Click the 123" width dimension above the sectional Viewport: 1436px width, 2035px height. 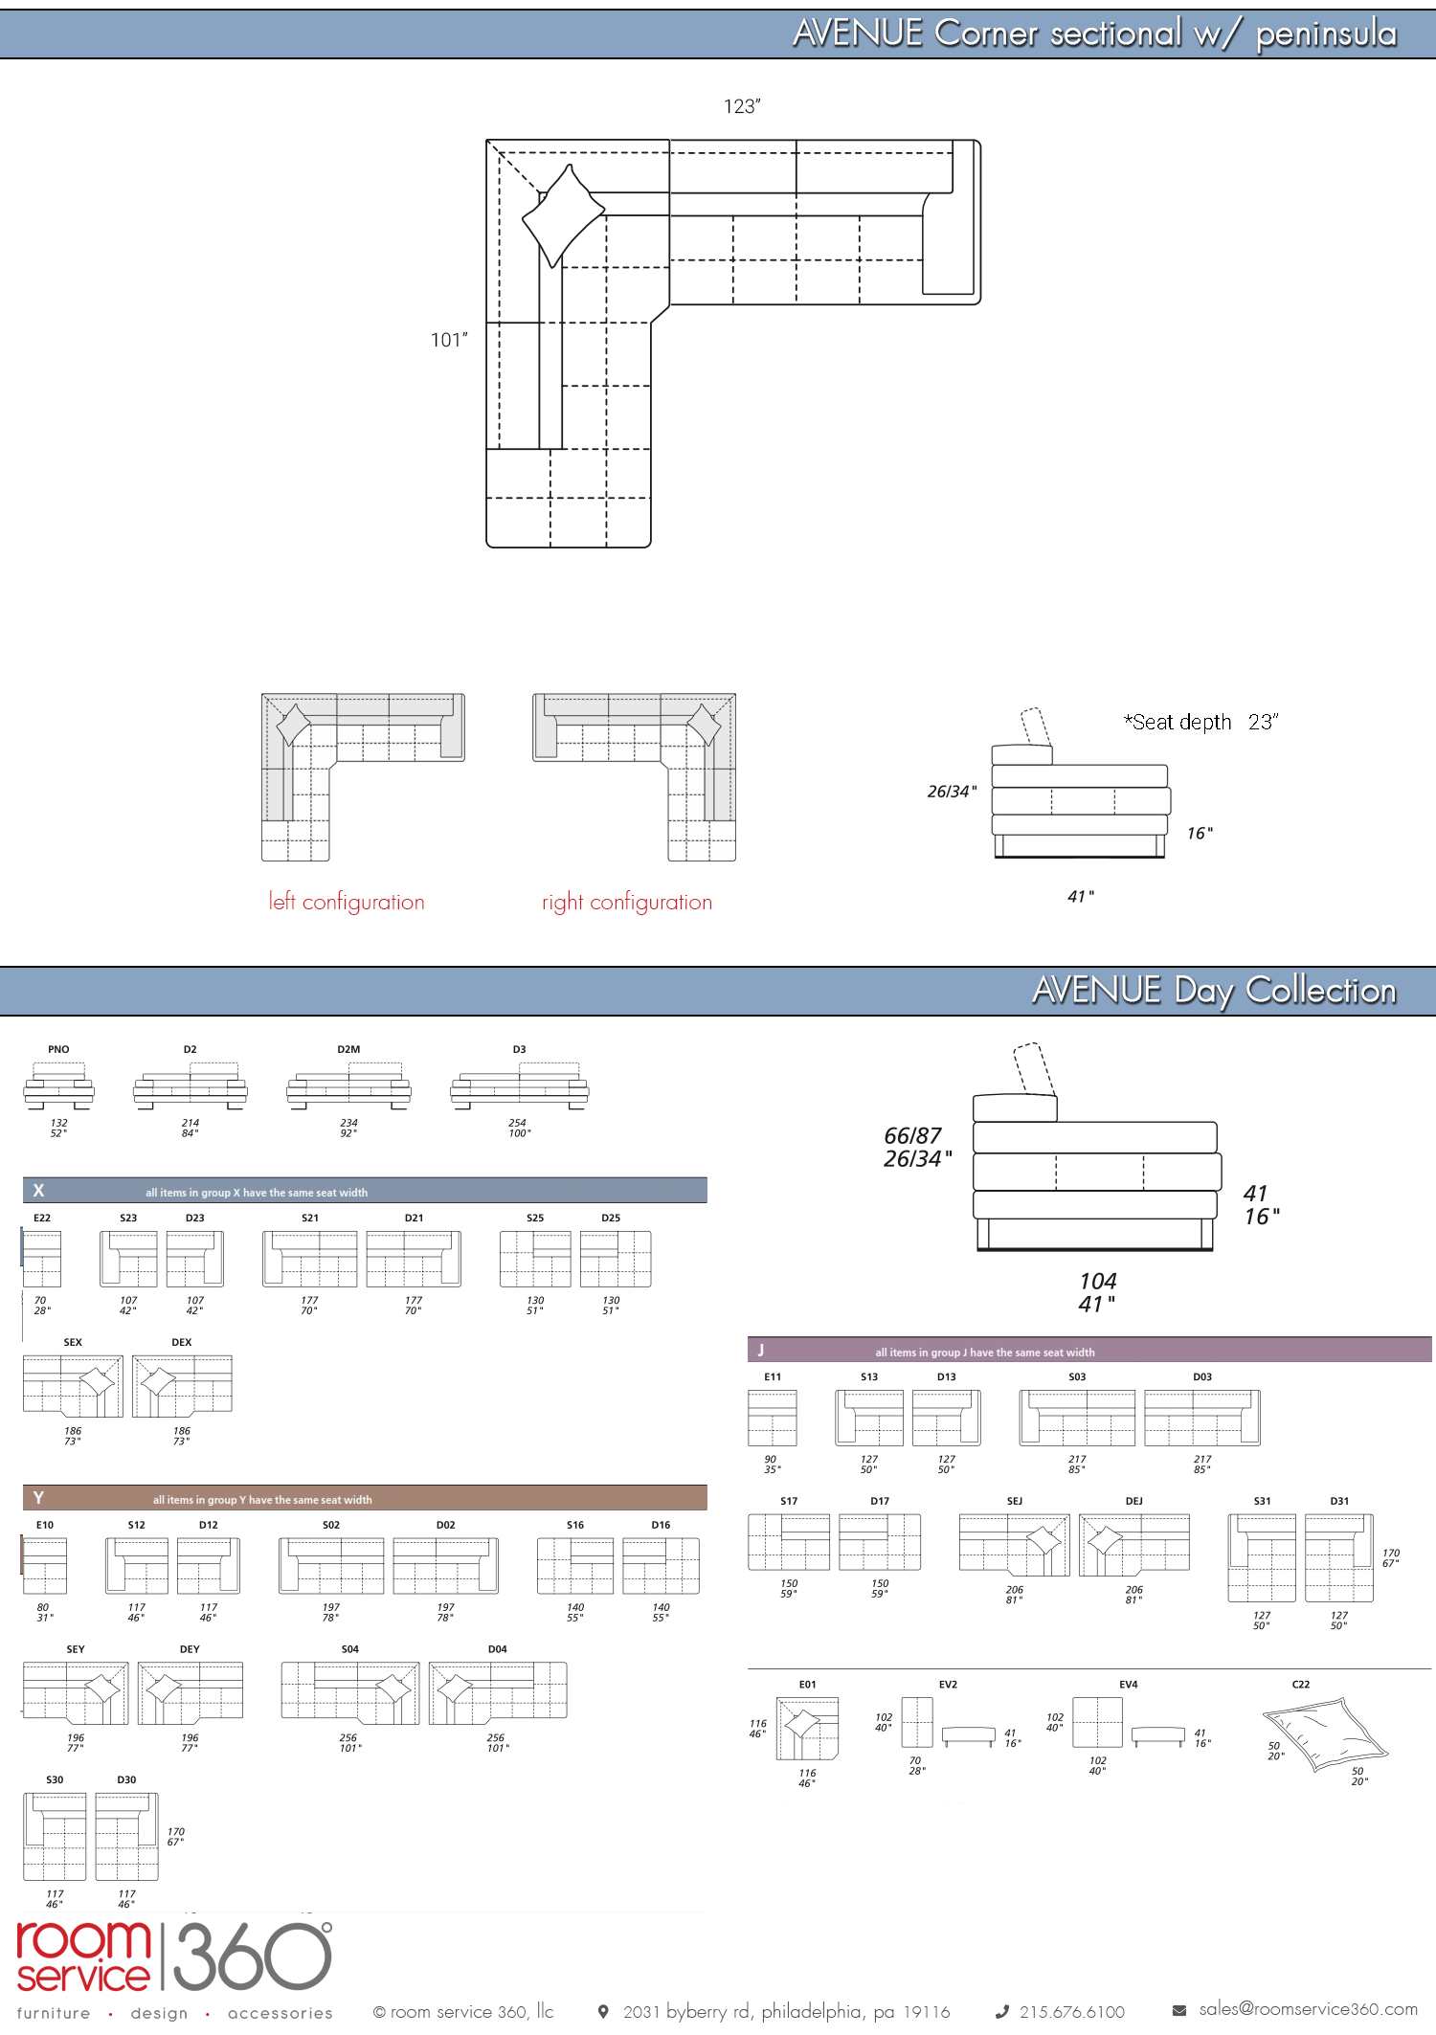tap(742, 106)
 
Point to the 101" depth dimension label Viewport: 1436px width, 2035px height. tap(449, 340)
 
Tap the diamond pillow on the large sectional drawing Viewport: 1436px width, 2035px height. tap(563, 215)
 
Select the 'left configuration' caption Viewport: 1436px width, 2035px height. tap(347, 902)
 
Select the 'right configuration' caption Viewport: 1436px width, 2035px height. tap(627, 902)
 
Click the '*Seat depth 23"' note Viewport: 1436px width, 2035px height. tap(1201, 722)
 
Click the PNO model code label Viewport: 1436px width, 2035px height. tap(58, 1049)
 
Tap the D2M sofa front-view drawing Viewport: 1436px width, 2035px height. tap(348, 1086)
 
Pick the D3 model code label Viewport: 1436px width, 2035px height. tap(519, 1049)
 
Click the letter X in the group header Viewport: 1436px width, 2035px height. tap(38, 1191)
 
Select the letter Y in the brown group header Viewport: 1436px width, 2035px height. tap(38, 1498)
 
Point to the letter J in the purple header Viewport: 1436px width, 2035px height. tap(761, 1350)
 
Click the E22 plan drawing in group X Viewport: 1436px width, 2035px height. tap(42, 1259)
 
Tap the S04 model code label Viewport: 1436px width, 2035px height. tap(350, 1649)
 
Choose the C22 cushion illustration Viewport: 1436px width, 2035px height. tap(1325, 1734)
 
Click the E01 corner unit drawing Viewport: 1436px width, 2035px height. tap(807, 1729)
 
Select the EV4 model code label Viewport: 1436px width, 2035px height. tap(1129, 1685)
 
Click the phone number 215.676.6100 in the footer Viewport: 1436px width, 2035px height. tap(1072, 2012)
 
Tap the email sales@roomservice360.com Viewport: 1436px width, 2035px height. tap(1309, 2009)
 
